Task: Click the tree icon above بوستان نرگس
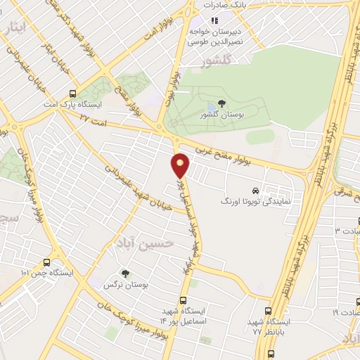click(126, 273)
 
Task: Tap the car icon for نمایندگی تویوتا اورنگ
click(255, 191)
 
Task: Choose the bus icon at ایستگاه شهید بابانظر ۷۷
click(269, 311)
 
